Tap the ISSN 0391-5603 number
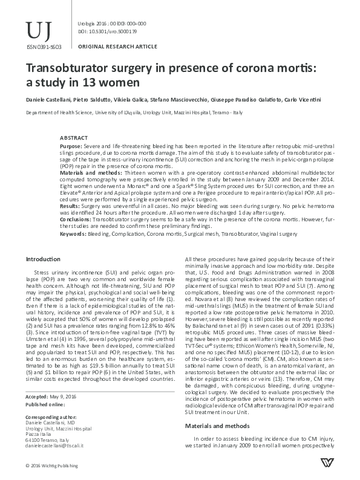point(40,45)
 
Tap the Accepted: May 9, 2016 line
point(51,396)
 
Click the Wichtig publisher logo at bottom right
point(326,465)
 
